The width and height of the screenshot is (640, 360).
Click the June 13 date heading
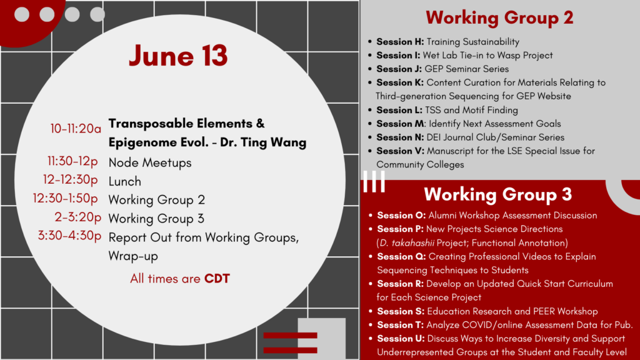[178, 56]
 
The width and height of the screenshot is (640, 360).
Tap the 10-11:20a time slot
[75, 129]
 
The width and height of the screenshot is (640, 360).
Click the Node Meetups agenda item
[150, 162]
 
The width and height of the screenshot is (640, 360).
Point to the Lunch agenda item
[125, 181]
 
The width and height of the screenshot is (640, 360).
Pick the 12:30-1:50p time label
[66, 199]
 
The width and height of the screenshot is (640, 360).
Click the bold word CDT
[217, 279]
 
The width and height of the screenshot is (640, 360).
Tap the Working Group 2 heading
[499, 17]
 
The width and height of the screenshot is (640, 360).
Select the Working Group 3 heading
[497, 194]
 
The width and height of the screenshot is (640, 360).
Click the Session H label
[400, 42]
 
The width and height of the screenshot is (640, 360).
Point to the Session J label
[399, 69]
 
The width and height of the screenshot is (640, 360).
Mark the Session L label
[399, 110]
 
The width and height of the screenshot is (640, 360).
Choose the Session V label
[400, 151]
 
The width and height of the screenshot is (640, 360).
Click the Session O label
[401, 215]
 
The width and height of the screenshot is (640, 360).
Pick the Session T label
[401, 324]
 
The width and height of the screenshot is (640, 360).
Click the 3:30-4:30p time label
[69, 236]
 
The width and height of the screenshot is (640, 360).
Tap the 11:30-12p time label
[72, 162]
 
